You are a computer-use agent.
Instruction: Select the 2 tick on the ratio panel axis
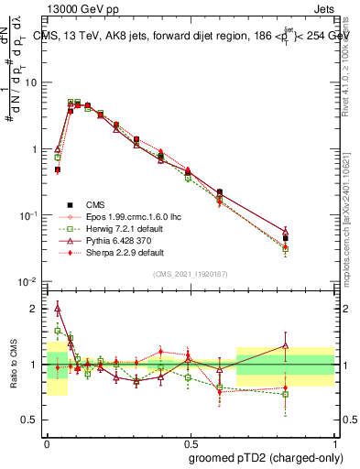[x=37, y=309]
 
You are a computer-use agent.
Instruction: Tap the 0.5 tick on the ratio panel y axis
[x=33, y=420]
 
